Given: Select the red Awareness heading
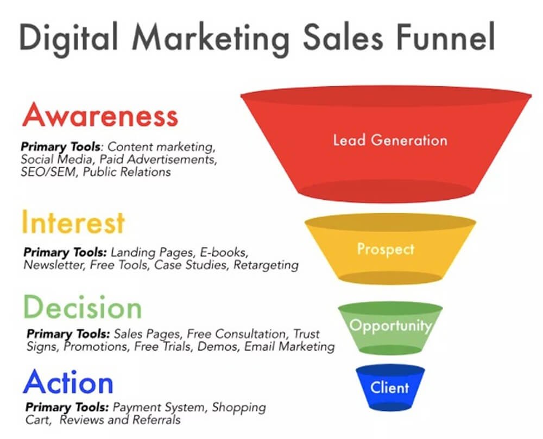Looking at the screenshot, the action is [100, 114].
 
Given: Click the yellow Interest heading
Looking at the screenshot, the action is [73, 222].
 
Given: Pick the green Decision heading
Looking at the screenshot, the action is [83, 307].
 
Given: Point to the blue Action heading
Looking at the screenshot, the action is [68, 382].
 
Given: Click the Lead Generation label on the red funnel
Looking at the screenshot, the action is [390, 140].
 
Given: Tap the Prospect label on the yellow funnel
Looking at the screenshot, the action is [386, 250].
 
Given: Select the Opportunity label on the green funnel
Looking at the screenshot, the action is [390, 326].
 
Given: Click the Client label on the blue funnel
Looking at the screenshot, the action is [389, 387].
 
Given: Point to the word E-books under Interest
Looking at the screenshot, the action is [224, 252].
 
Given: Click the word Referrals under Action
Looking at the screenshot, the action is [156, 420].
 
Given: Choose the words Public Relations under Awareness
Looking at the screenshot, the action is [127, 172].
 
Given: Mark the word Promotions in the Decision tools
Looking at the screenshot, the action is [96, 346].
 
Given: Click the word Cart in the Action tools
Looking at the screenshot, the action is [38, 420].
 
